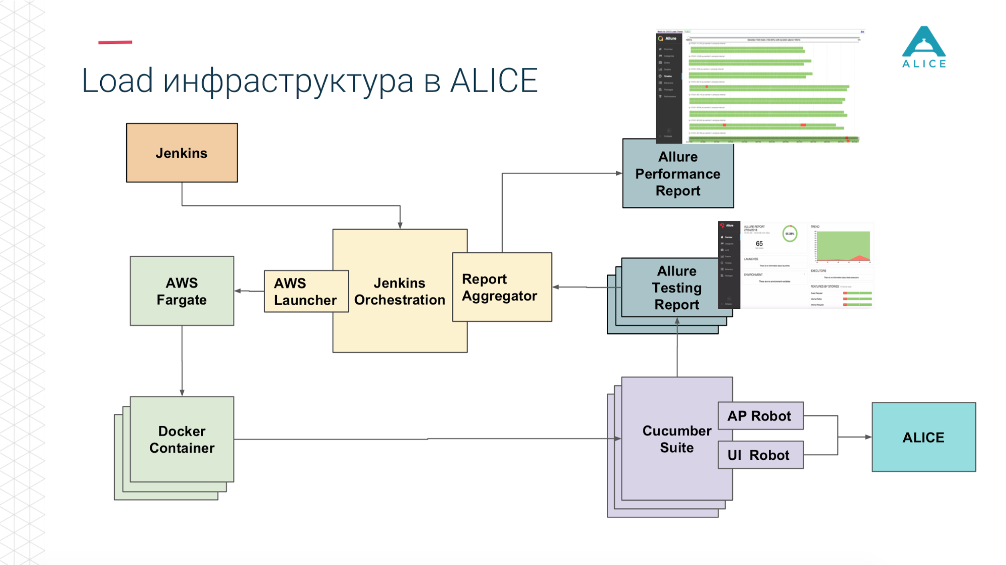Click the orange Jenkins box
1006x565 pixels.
[182, 153]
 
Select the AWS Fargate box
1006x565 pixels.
[182, 291]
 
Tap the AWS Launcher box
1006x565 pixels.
[305, 292]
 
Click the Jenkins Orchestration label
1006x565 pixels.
[400, 292]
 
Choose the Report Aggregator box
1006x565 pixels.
[501, 287]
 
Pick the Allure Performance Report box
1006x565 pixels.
[677, 174]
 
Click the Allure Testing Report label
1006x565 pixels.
[676, 288]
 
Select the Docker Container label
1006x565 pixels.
[182, 440]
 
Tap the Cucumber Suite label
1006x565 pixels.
[676, 439]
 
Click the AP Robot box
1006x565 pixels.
[760, 416]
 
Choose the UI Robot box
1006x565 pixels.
[760, 455]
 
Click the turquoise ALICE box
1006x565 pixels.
[923, 437]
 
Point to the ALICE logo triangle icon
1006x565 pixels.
[923, 42]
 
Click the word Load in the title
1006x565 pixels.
[117, 81]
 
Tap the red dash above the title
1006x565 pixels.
[115, 42]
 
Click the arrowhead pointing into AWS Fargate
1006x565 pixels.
[238, 291]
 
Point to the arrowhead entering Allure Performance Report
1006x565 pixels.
[619, 173]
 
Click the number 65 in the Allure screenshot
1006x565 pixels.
[759, 244]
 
